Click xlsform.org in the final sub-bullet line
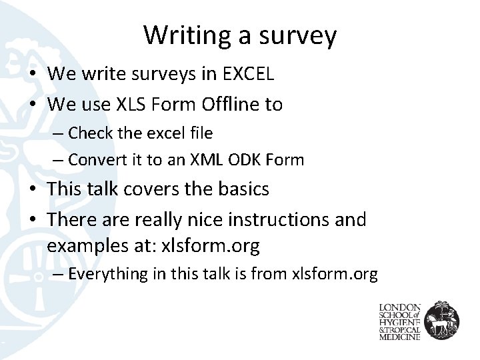[x=335, y=274]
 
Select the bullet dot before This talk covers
[x=33, y=189]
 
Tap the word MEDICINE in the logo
[x=400, y=337]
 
